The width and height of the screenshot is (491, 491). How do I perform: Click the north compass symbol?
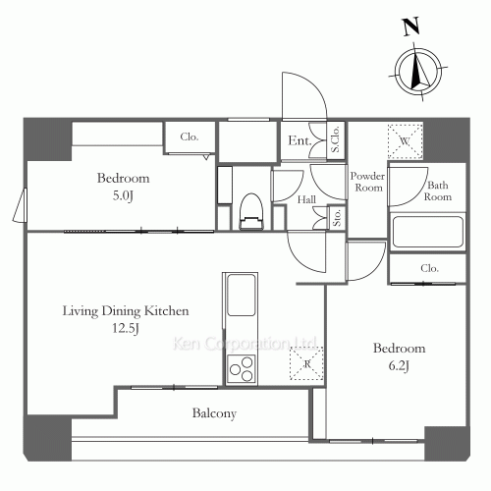(x=419, y=69)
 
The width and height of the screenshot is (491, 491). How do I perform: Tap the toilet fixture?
(x=252, y=208)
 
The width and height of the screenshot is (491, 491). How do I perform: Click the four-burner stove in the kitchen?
(x=242, y=370)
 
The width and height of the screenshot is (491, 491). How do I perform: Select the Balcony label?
(x=213, y=413)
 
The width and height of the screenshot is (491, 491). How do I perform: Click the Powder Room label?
(x=367, y=181)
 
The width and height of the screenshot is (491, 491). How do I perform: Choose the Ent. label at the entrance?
(x=300, y=141)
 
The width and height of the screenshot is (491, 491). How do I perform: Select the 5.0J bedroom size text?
(x=123, y=194)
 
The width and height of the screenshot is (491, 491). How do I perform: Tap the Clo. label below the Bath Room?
(x=428, y=267)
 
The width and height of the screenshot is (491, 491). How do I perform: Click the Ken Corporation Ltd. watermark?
(x=245, y=345)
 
